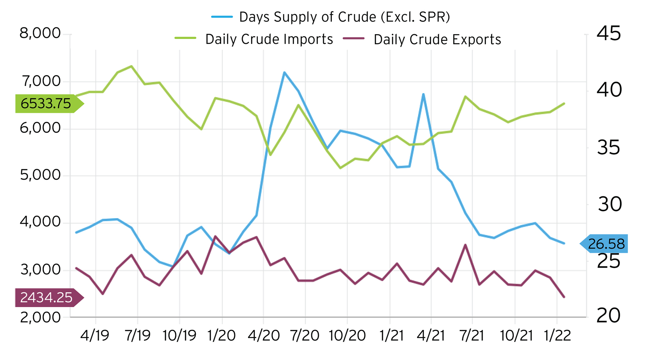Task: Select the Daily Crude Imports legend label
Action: pos(269,39)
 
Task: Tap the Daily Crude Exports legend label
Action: pos(437,40)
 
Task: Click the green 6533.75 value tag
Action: pos(46,104)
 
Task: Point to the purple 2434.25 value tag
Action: pos(46,297)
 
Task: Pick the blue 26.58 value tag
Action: pos(606,244)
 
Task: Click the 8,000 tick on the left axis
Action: pos(40,33)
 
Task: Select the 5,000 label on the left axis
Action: pos(40,175)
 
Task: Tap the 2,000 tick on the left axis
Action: pos(40,317)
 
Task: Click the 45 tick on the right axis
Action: pos(609,33)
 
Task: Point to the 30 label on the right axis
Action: pos(610,204)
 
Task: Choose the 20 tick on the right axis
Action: pos(609,316)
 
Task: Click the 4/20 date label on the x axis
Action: pos(263,336)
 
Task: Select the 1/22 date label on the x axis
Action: pos(557,336)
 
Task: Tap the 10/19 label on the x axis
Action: pos(179,336)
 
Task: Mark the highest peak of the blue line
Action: pos(284,72)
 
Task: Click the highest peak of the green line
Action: pos(132,66)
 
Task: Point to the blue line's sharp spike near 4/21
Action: pos(423,94)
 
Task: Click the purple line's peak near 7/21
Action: pos(465,245)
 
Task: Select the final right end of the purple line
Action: pos(564,297)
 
